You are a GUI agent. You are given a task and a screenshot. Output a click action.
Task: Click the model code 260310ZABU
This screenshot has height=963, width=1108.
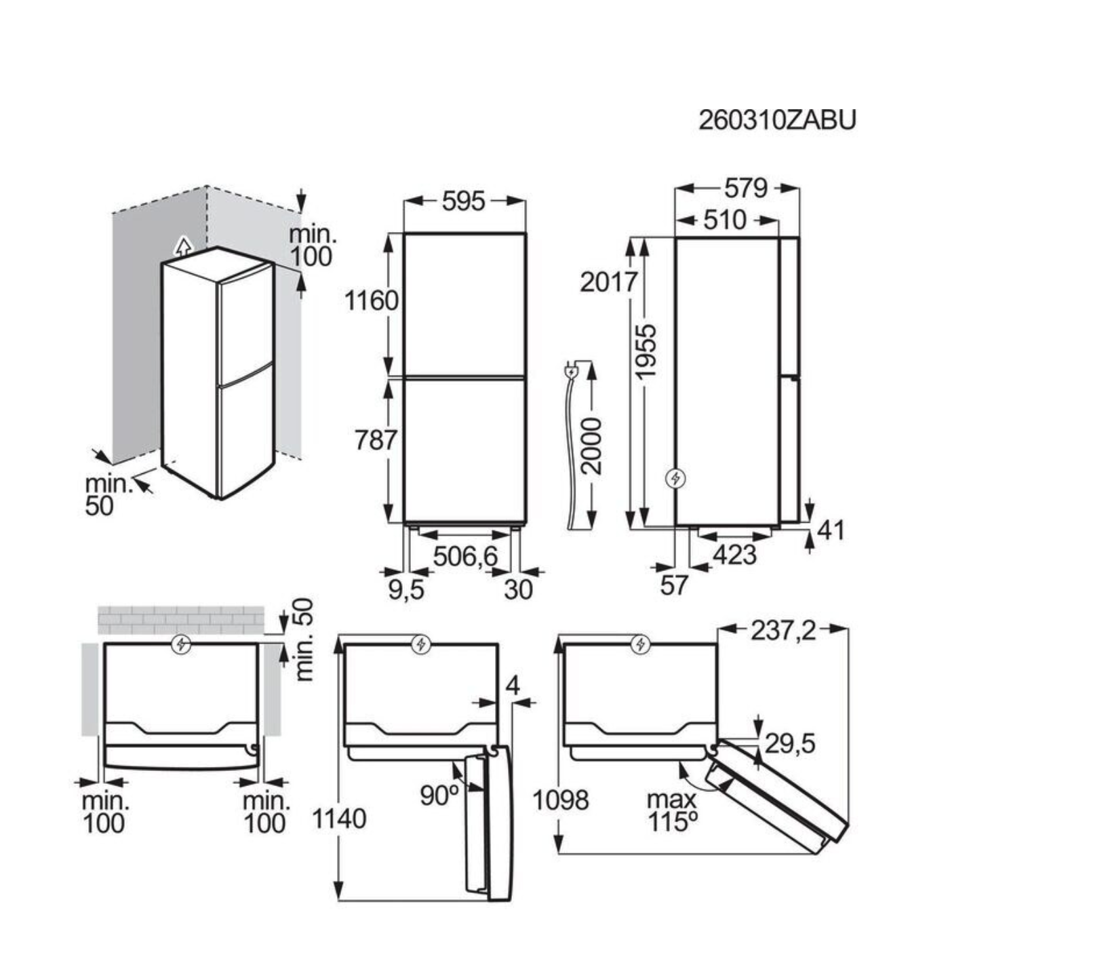[777, 120]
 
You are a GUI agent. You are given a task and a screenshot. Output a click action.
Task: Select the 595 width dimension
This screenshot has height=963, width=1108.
[464, 201]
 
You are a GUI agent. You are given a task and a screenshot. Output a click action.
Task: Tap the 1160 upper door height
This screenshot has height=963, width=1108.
[371, 300]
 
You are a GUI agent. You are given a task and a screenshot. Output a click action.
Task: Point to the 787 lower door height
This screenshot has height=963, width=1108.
[376, 440]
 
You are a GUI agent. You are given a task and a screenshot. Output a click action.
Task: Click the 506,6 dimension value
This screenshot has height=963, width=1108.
[465, 557]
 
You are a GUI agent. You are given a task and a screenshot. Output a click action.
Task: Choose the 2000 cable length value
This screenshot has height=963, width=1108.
[592, 446]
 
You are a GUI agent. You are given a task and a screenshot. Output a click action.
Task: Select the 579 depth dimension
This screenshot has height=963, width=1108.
[746, 188]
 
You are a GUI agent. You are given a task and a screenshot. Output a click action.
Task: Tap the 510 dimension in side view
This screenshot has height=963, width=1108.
[724, 220]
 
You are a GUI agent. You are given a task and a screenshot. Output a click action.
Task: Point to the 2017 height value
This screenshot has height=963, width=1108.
[608, 281]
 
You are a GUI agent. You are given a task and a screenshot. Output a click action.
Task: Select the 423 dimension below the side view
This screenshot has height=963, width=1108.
[734, 555]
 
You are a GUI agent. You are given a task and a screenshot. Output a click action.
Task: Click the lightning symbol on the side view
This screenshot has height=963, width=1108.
[676, 479]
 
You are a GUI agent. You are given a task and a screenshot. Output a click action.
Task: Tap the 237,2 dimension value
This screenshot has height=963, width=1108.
[783, 631]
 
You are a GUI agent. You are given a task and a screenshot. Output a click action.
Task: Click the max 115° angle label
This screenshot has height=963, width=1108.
[671, 811]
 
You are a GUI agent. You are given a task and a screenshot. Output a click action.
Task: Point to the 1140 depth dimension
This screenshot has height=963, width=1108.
[339, 819]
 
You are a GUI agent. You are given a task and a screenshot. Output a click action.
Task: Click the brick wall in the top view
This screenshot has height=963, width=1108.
[181, 619]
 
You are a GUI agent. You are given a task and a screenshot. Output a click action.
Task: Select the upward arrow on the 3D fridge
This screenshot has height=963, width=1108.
[182, 245]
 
